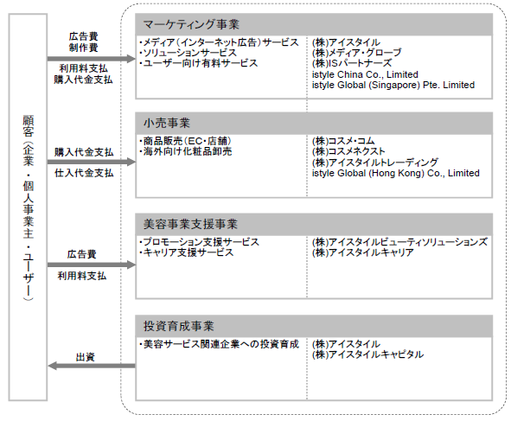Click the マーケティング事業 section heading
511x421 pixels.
(191, 24)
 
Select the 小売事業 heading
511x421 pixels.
(167, 123)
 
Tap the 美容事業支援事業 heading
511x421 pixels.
(190, 224)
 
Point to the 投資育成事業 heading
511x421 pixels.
(179, 326)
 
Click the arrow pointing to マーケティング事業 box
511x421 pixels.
(92, 59)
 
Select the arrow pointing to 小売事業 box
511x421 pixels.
(92, 162)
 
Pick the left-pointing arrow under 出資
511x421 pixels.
(92, 366)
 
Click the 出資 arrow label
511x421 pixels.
(86, 357)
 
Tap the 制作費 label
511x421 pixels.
(83, 48)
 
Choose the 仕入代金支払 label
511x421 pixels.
(84, 173)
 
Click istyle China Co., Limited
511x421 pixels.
(365, 74)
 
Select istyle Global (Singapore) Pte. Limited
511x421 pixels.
(393, 85)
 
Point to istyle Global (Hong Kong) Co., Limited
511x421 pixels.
(396, 173)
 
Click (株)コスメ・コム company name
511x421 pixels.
(343, 141)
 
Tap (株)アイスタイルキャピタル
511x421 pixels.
(368, 354)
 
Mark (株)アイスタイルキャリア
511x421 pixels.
(363, 252)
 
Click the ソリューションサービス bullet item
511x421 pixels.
(188, 53)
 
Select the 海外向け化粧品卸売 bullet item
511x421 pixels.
(185, 151)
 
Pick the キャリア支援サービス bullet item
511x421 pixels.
(187, 252)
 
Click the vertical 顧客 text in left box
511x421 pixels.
(29, 125)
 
